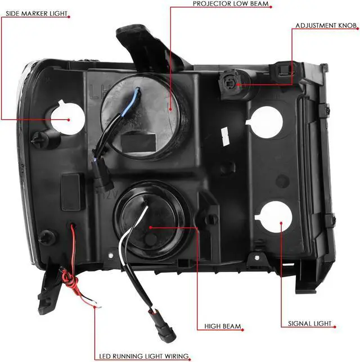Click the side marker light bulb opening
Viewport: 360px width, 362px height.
[68, 119]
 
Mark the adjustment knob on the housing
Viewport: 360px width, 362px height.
[231, 84]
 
